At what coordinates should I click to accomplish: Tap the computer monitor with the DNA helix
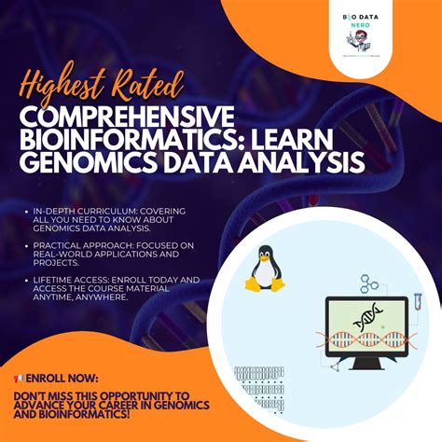[365, 325]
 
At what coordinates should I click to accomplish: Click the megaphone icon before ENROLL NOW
[19, 379]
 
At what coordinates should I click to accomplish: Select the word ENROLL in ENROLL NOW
[46, 379]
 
